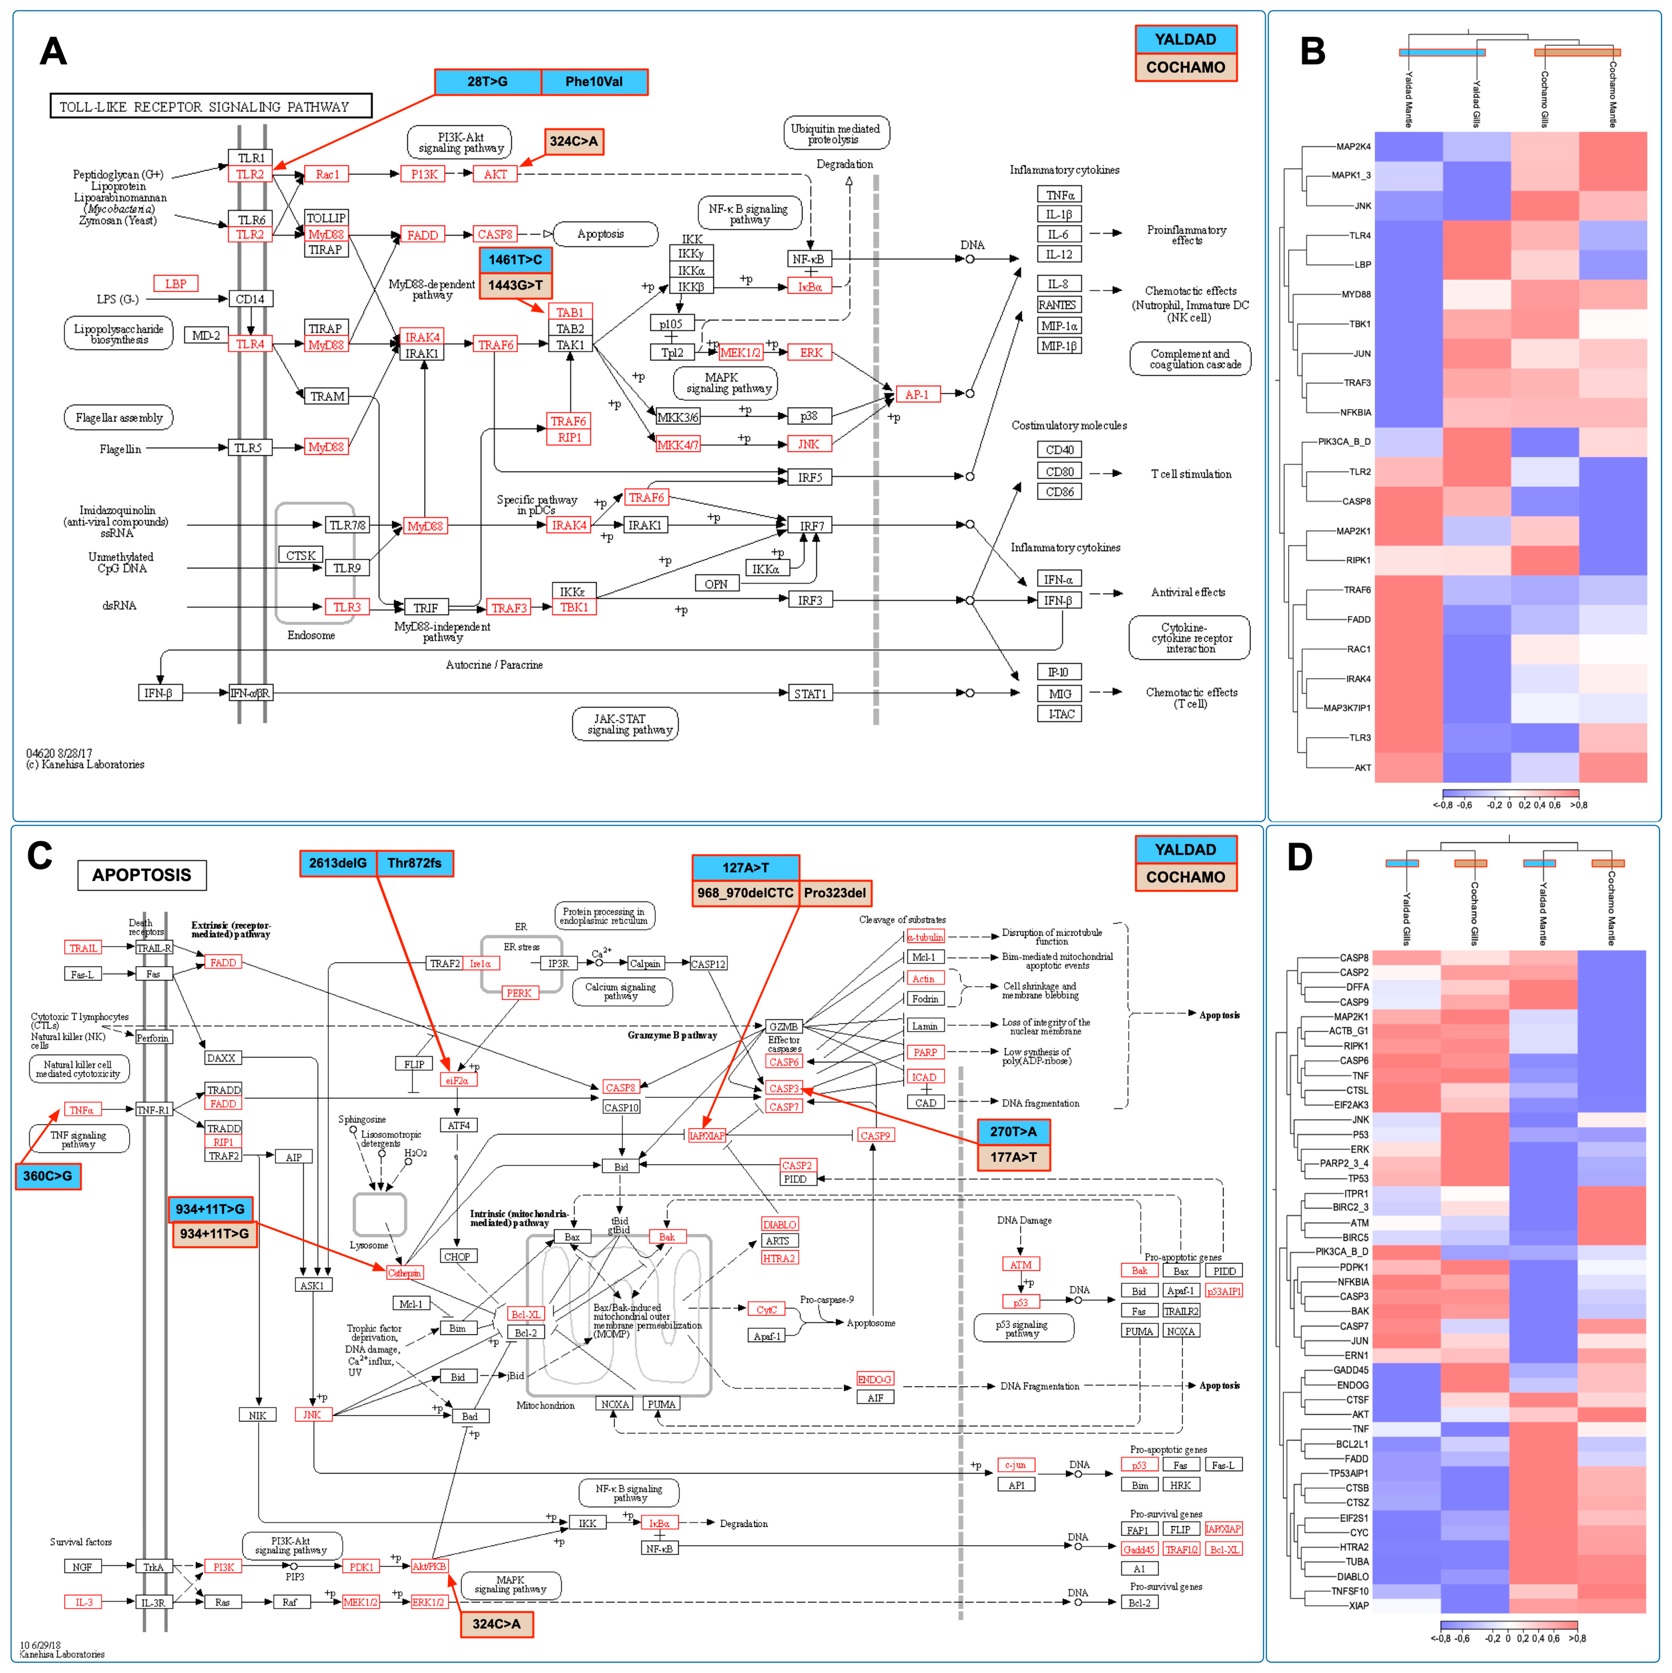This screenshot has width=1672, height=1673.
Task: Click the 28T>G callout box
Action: click(488, 82)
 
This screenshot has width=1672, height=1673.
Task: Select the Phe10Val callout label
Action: click(594, 82)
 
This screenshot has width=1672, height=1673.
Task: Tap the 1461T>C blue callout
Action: click(515, 260)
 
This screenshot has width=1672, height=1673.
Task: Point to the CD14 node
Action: click(250, 299)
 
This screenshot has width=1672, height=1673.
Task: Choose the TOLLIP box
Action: click(326, 218)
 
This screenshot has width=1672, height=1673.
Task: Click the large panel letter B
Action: click(1313, 52)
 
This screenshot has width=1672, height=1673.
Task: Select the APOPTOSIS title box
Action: click(142, 875)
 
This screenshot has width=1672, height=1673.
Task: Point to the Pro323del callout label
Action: click(835, 893)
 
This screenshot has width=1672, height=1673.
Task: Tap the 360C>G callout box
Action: click(48, 1176)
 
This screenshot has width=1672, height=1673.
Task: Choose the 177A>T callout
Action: click(1013, 1157)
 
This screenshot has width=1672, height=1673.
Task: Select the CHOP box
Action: click(456, 1256)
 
